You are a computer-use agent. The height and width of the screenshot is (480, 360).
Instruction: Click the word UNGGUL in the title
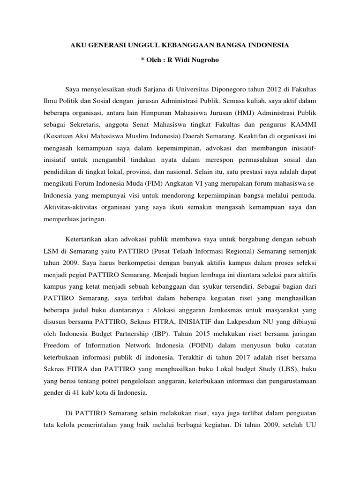tap(138, 45)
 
